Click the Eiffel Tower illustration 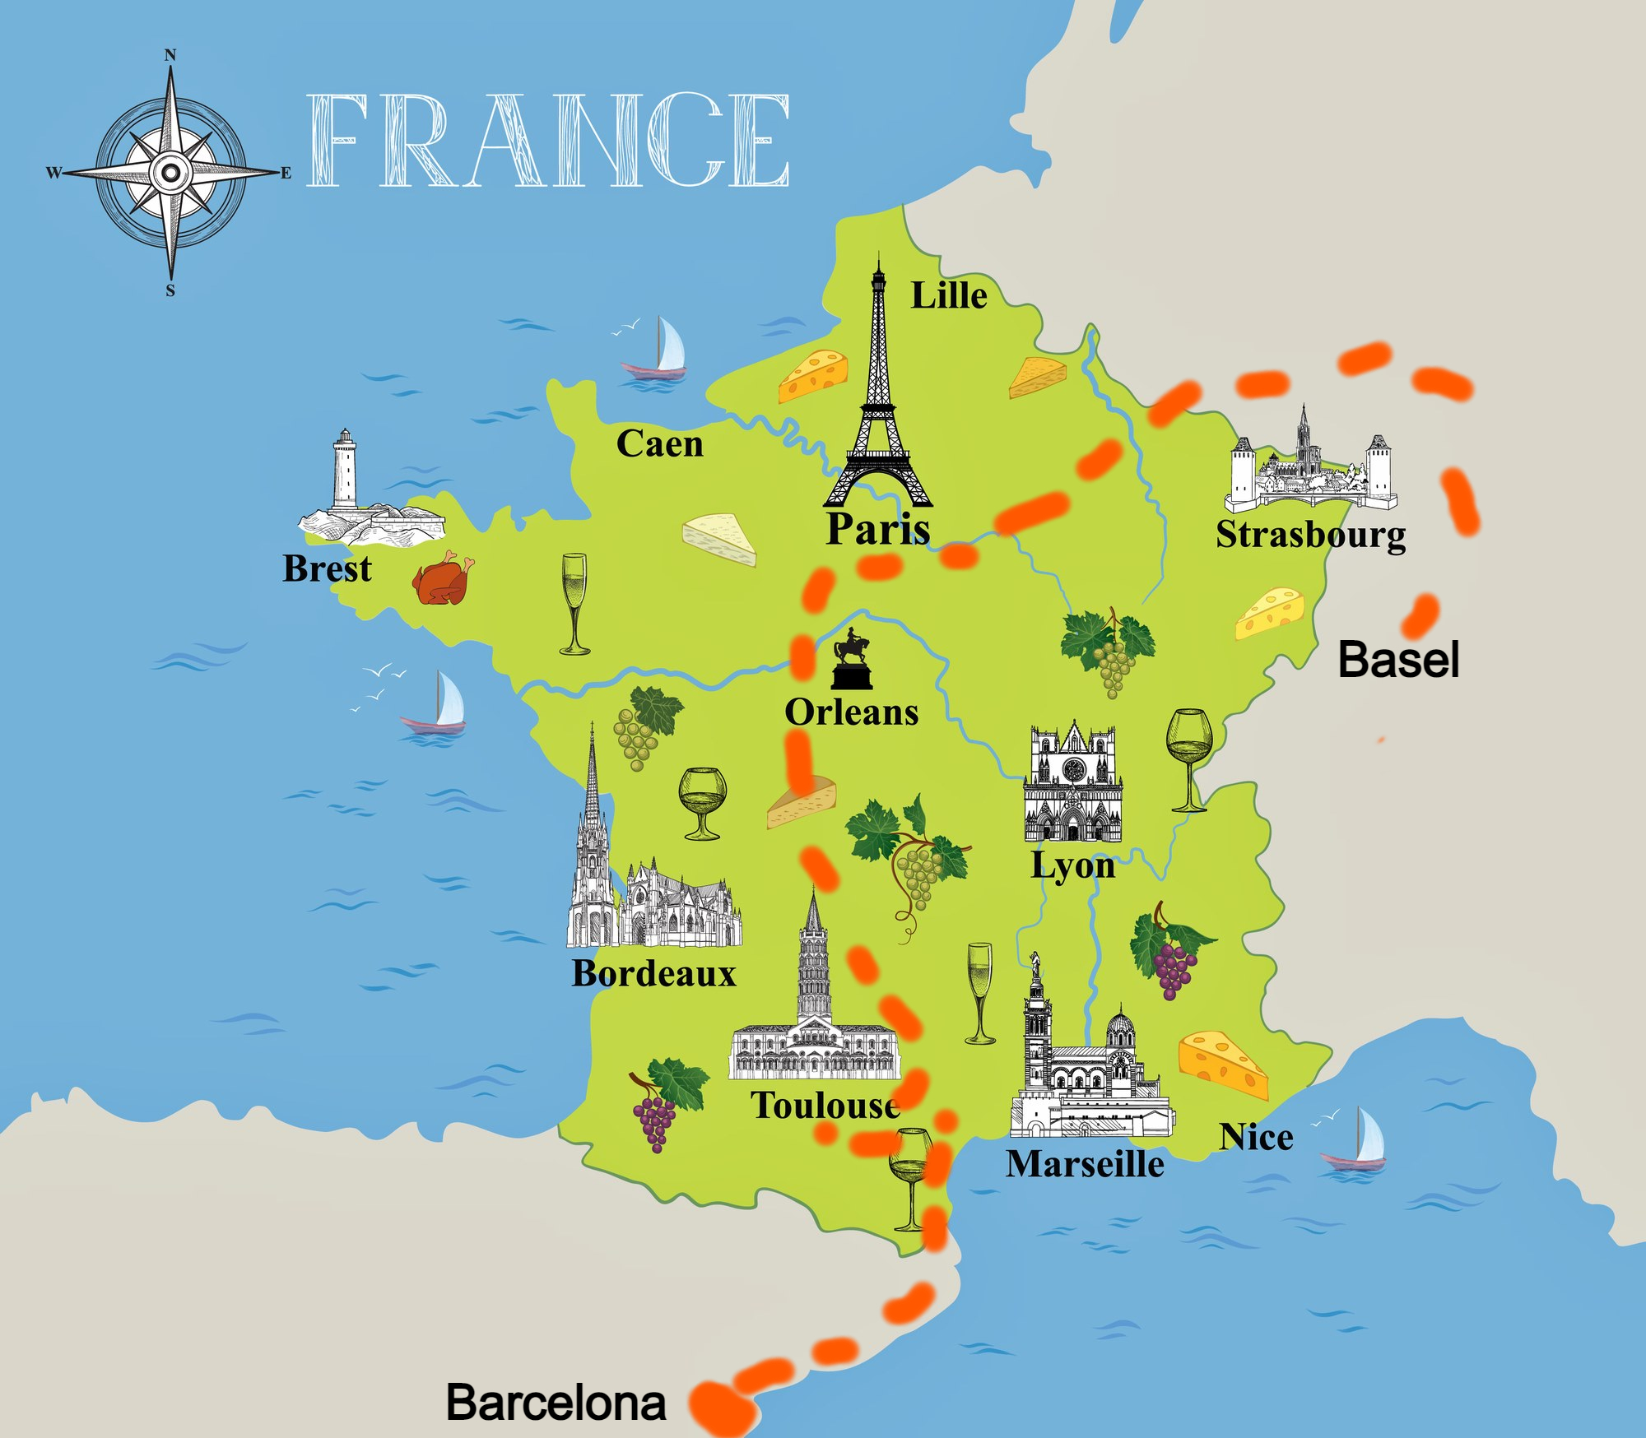click(878, 403)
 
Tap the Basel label click(1398, 660)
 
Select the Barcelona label click(556, 1403)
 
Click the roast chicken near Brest click(443, 578)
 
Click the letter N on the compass click(170, 56)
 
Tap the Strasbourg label click(1311, 535)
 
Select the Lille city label click(948, 295)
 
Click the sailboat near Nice click(1355, 1139)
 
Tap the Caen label click(659, 444)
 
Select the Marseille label click(1085, 1164)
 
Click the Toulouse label click(825, 1105)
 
